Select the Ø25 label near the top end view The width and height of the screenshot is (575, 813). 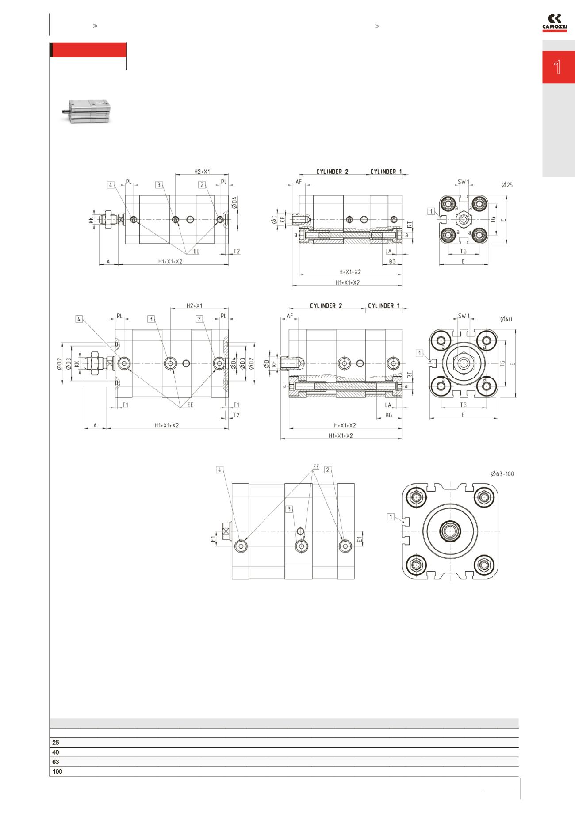click(x=507, y=185)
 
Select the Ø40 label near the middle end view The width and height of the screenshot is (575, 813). click(x=506, y=319)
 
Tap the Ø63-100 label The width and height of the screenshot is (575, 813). click(x=502, y=474)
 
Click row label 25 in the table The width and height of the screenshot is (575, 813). click(x=55, y=743)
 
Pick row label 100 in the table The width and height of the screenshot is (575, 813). click(x=57, y=771)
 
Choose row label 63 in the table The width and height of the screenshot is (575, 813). click(x=55, y=762)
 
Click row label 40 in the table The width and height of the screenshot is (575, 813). click(x=55, y=752)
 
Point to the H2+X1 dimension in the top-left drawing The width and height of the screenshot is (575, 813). click(x=202, y=171)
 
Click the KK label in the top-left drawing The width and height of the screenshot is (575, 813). click(x=91, y=219)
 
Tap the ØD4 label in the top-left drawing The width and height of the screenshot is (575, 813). click(x=234, y=203)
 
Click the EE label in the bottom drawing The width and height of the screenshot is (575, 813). click(x=316, y=467)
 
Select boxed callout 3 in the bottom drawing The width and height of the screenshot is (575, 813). click(x=289, y=509)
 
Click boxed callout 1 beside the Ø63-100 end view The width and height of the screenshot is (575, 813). click(x=391, y=516)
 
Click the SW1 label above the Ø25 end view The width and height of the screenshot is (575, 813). click(x=463, y=182)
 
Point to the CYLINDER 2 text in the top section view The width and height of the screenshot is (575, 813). click(x=332, y=171)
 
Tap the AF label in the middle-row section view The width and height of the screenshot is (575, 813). click(x=290, y=316)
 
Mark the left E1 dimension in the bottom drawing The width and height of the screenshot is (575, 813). click(x=213, y=538)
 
